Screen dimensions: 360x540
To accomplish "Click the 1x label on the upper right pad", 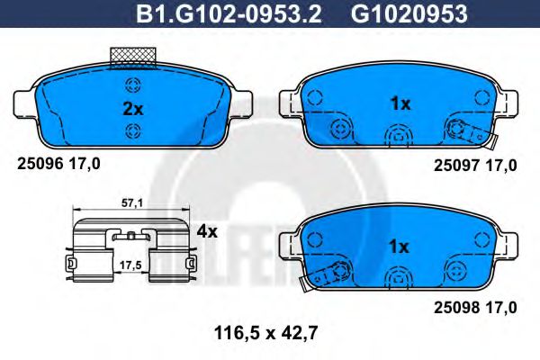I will click(400, 103).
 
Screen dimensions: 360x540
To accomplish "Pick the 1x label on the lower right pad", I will click(400, 245).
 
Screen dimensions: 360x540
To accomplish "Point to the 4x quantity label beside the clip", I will click(207, 231).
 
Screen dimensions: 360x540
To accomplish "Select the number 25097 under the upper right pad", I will click(454, 165).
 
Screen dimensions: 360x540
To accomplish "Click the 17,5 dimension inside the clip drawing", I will click(131, 265).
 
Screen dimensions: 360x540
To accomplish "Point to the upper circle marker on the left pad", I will click(133, 86).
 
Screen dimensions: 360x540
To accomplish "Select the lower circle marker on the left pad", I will click(133, 133).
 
